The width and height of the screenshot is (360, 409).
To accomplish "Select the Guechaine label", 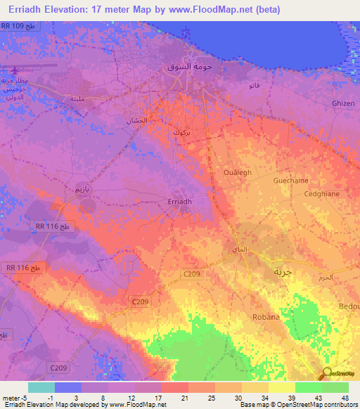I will tap(290, 180).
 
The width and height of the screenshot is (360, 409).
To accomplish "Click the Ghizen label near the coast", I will tap(343, 103).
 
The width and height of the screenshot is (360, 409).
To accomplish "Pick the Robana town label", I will tap(266, 317).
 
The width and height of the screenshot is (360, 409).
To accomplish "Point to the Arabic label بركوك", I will tap(181, 131).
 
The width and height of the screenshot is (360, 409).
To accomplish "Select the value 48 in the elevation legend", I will tap(345, 397).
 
